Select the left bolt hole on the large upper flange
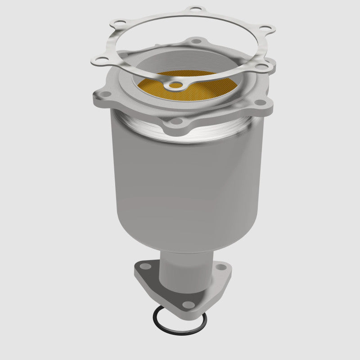102,96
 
